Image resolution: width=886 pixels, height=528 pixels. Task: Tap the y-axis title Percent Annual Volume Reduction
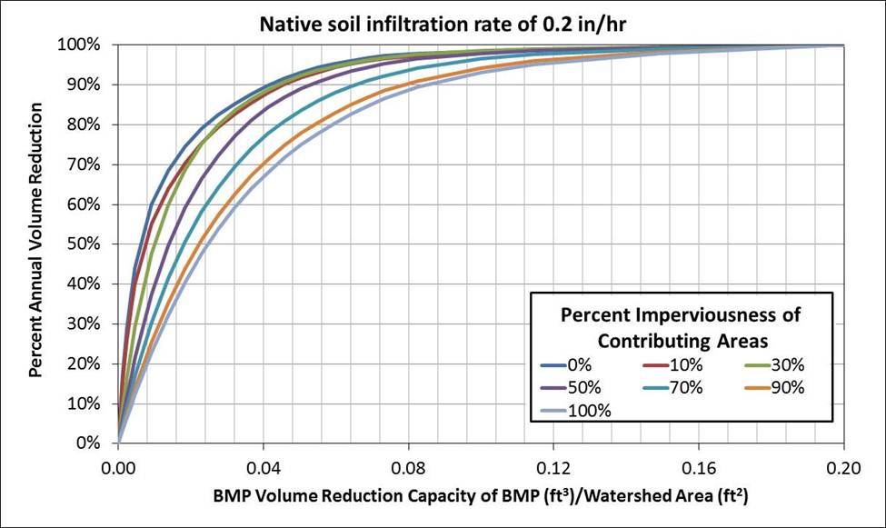pyautogui.click(x=36, y=240)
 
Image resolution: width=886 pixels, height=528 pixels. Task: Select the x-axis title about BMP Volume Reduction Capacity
pyautogui.click(x=482, y=497)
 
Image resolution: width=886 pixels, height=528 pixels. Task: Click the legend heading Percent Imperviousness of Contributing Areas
pyautogui.click(x=681, y=327)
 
